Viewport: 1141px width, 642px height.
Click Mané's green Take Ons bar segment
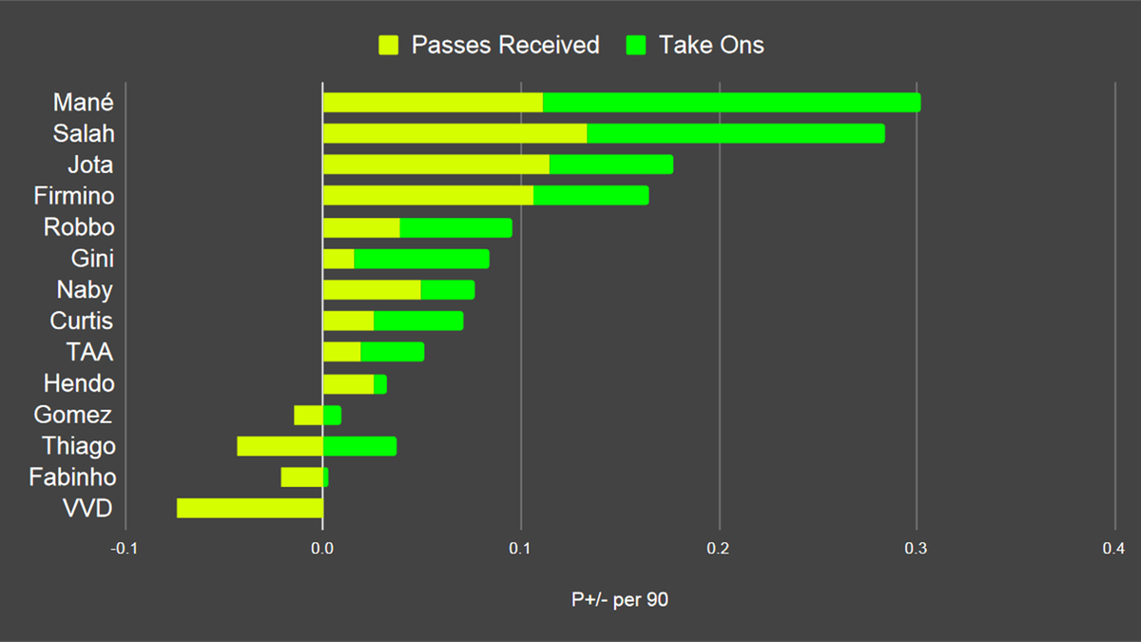coord(731,103)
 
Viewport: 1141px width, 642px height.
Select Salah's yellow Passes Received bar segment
coord(454,134)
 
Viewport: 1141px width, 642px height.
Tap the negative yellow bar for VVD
coord(249,509)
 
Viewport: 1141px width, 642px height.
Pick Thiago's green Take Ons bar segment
coord(359,446)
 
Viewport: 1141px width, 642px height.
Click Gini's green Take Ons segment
coord(421,259)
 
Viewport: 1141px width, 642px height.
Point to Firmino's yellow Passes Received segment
coord(428,196)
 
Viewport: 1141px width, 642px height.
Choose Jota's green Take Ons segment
coord(610,165)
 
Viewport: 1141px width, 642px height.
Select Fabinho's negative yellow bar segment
coord(301,477)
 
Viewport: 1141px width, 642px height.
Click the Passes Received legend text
coord(505,45)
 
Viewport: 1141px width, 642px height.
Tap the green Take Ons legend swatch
coord(636,45)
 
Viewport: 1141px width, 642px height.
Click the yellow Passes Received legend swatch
coord(388,45)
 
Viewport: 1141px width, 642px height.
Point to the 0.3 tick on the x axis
coord(917,549)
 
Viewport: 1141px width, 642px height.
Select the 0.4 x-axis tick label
coord(1114,549)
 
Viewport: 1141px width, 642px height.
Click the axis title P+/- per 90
coord(620,600)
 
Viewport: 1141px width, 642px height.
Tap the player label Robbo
coord(79,227)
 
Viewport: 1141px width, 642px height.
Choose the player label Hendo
coord(79,383)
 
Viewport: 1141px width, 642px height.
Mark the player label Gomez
coord(73,415)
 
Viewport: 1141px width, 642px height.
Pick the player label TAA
coord(89,352)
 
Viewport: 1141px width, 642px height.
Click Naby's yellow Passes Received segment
coord(372,290)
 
